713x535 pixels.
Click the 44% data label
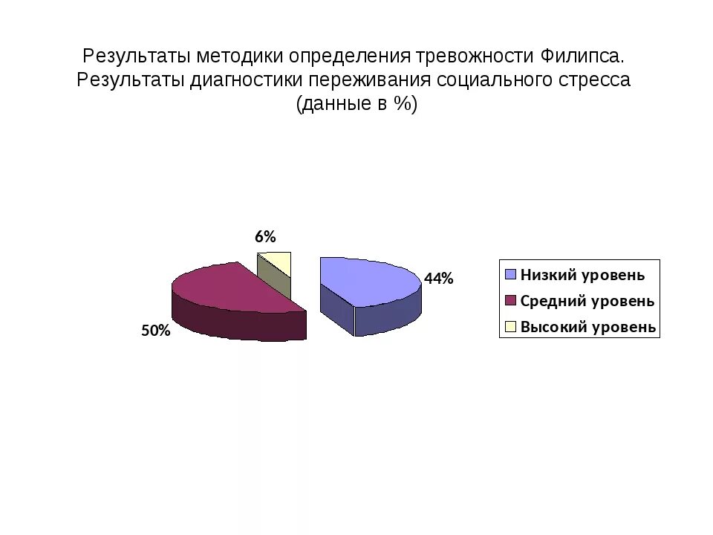(x=438, y=279)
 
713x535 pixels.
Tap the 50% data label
(x=156, y=331)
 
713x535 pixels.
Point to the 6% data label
(x=265, y=237)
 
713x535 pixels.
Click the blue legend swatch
(x=510, y=275)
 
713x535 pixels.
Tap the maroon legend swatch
(x=510, y=301)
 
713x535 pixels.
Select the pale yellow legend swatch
(x=510, y=327)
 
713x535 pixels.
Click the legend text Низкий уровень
(x=582, y=275)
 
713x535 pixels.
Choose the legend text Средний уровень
(x=587, y=301)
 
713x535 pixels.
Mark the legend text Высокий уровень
(x=587, y=327)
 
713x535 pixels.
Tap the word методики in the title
(x=241, y=56)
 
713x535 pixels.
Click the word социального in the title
(x=486, y=80)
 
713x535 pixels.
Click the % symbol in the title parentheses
(x=403, y=104)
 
